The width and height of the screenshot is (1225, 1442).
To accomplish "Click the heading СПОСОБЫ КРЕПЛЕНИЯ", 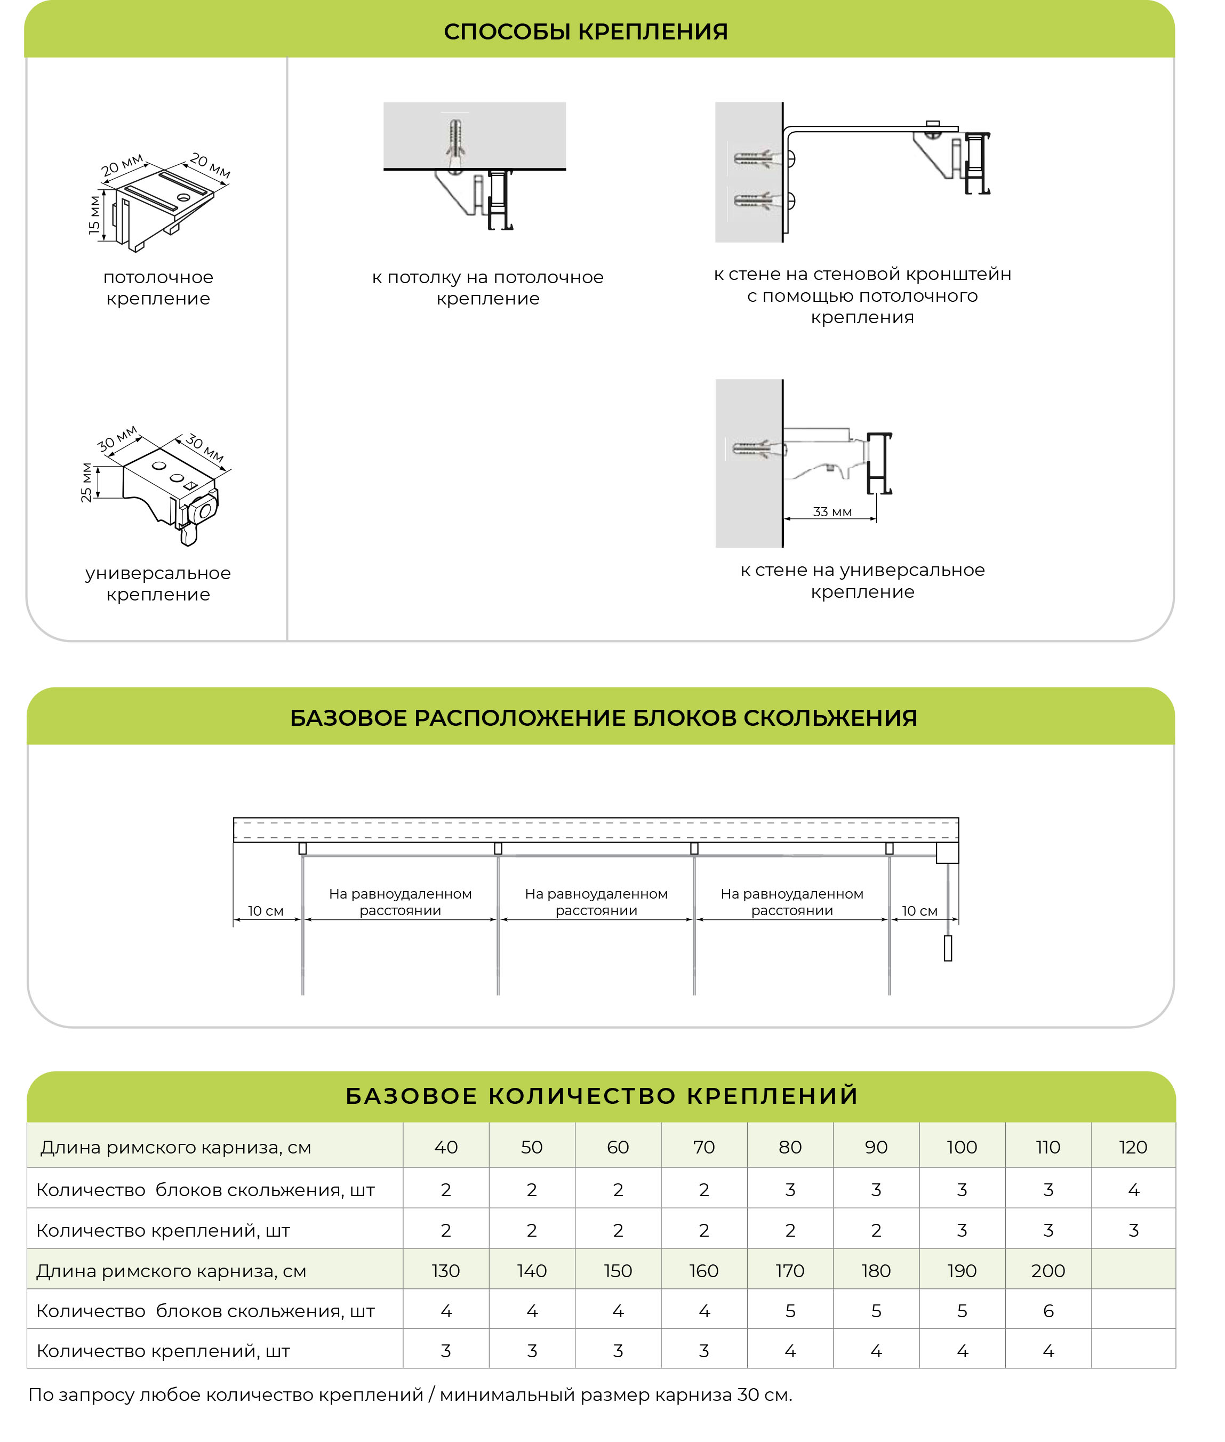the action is pyautogui.click(x=586, y=32).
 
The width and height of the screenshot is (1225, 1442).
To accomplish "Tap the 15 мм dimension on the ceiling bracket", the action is pyautogui.click(x=94, y=215).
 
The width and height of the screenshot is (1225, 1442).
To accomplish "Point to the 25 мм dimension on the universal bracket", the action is pyautogui.click(x=86, y=483).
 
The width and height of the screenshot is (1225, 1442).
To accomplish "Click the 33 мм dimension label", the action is pyautogui.click(x=832, y=511).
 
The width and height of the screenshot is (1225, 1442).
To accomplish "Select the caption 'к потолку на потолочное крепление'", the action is pyautogui.click(x=487, y=287).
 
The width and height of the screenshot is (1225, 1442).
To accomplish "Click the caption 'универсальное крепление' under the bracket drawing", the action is pyautogui.click(x=158, y=583).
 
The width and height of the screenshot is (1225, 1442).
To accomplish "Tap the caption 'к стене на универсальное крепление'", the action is pyautogui.click(x=862, y=580).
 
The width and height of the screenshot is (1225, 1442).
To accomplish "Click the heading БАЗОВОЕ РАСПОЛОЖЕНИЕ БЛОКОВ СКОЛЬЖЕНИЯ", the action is pyautogui.click(x=604, y=717).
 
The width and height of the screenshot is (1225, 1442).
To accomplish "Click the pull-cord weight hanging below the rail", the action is pyautogui.click(x=947, y=948).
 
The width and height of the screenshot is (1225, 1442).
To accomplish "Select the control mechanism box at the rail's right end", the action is pyautogui.click(x=947, y=853).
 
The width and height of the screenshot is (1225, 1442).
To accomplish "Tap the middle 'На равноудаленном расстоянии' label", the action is pyautogui.click(x=597, y=902).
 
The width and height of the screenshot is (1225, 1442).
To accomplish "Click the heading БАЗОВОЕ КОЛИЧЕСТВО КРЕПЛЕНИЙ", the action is pyautogui.click(x=602, y=1095).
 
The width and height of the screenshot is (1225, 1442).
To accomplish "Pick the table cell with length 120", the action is pyautogui.click(x=1133, y=1147).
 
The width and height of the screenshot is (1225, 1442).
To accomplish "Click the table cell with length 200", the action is pyautogui.click(x=1048, y=1270).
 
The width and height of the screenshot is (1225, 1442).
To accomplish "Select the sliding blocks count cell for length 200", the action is pyautogui.click(x=1048, y=1311).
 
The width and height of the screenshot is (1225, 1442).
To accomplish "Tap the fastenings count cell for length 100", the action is pyautogui.click(x=962, y=1230).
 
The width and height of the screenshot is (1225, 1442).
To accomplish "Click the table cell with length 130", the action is pyautogui.click(x=446, y=1270).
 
